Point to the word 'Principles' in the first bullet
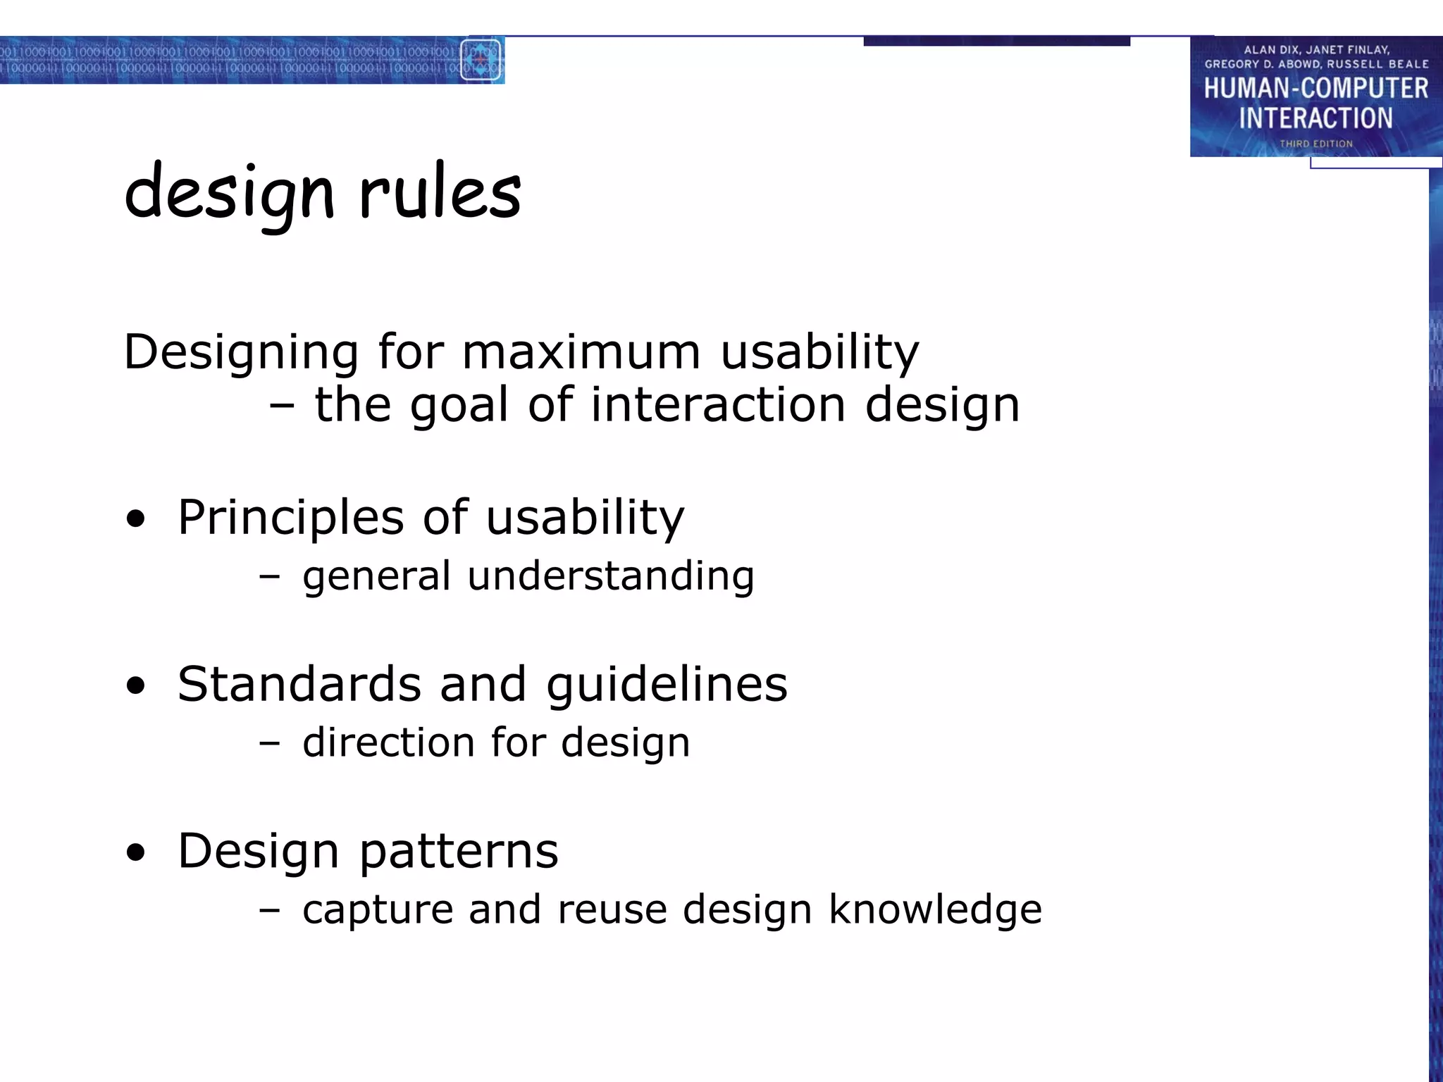tap(290, 518)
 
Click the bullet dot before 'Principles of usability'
tap(136, 520)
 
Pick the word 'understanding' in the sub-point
tap(610, 576)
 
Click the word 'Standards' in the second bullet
tap(298, 684)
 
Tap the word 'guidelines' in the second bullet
tap(666, 685)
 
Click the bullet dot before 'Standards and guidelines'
tap(136, 686)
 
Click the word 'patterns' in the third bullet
tap(459, 852)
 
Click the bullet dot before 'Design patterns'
tap(136, 853)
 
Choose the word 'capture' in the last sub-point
tap(377, 910)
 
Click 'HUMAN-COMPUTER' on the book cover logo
tap(1315, 89)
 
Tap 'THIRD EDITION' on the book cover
tap(1316, 144)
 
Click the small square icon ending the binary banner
tap(481, 60)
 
